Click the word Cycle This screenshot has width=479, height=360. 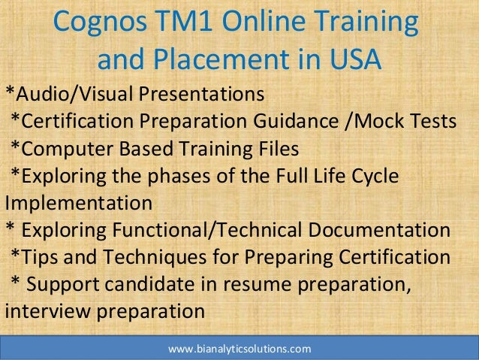click(375, 176)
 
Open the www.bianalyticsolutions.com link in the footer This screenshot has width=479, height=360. click(239, 349)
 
